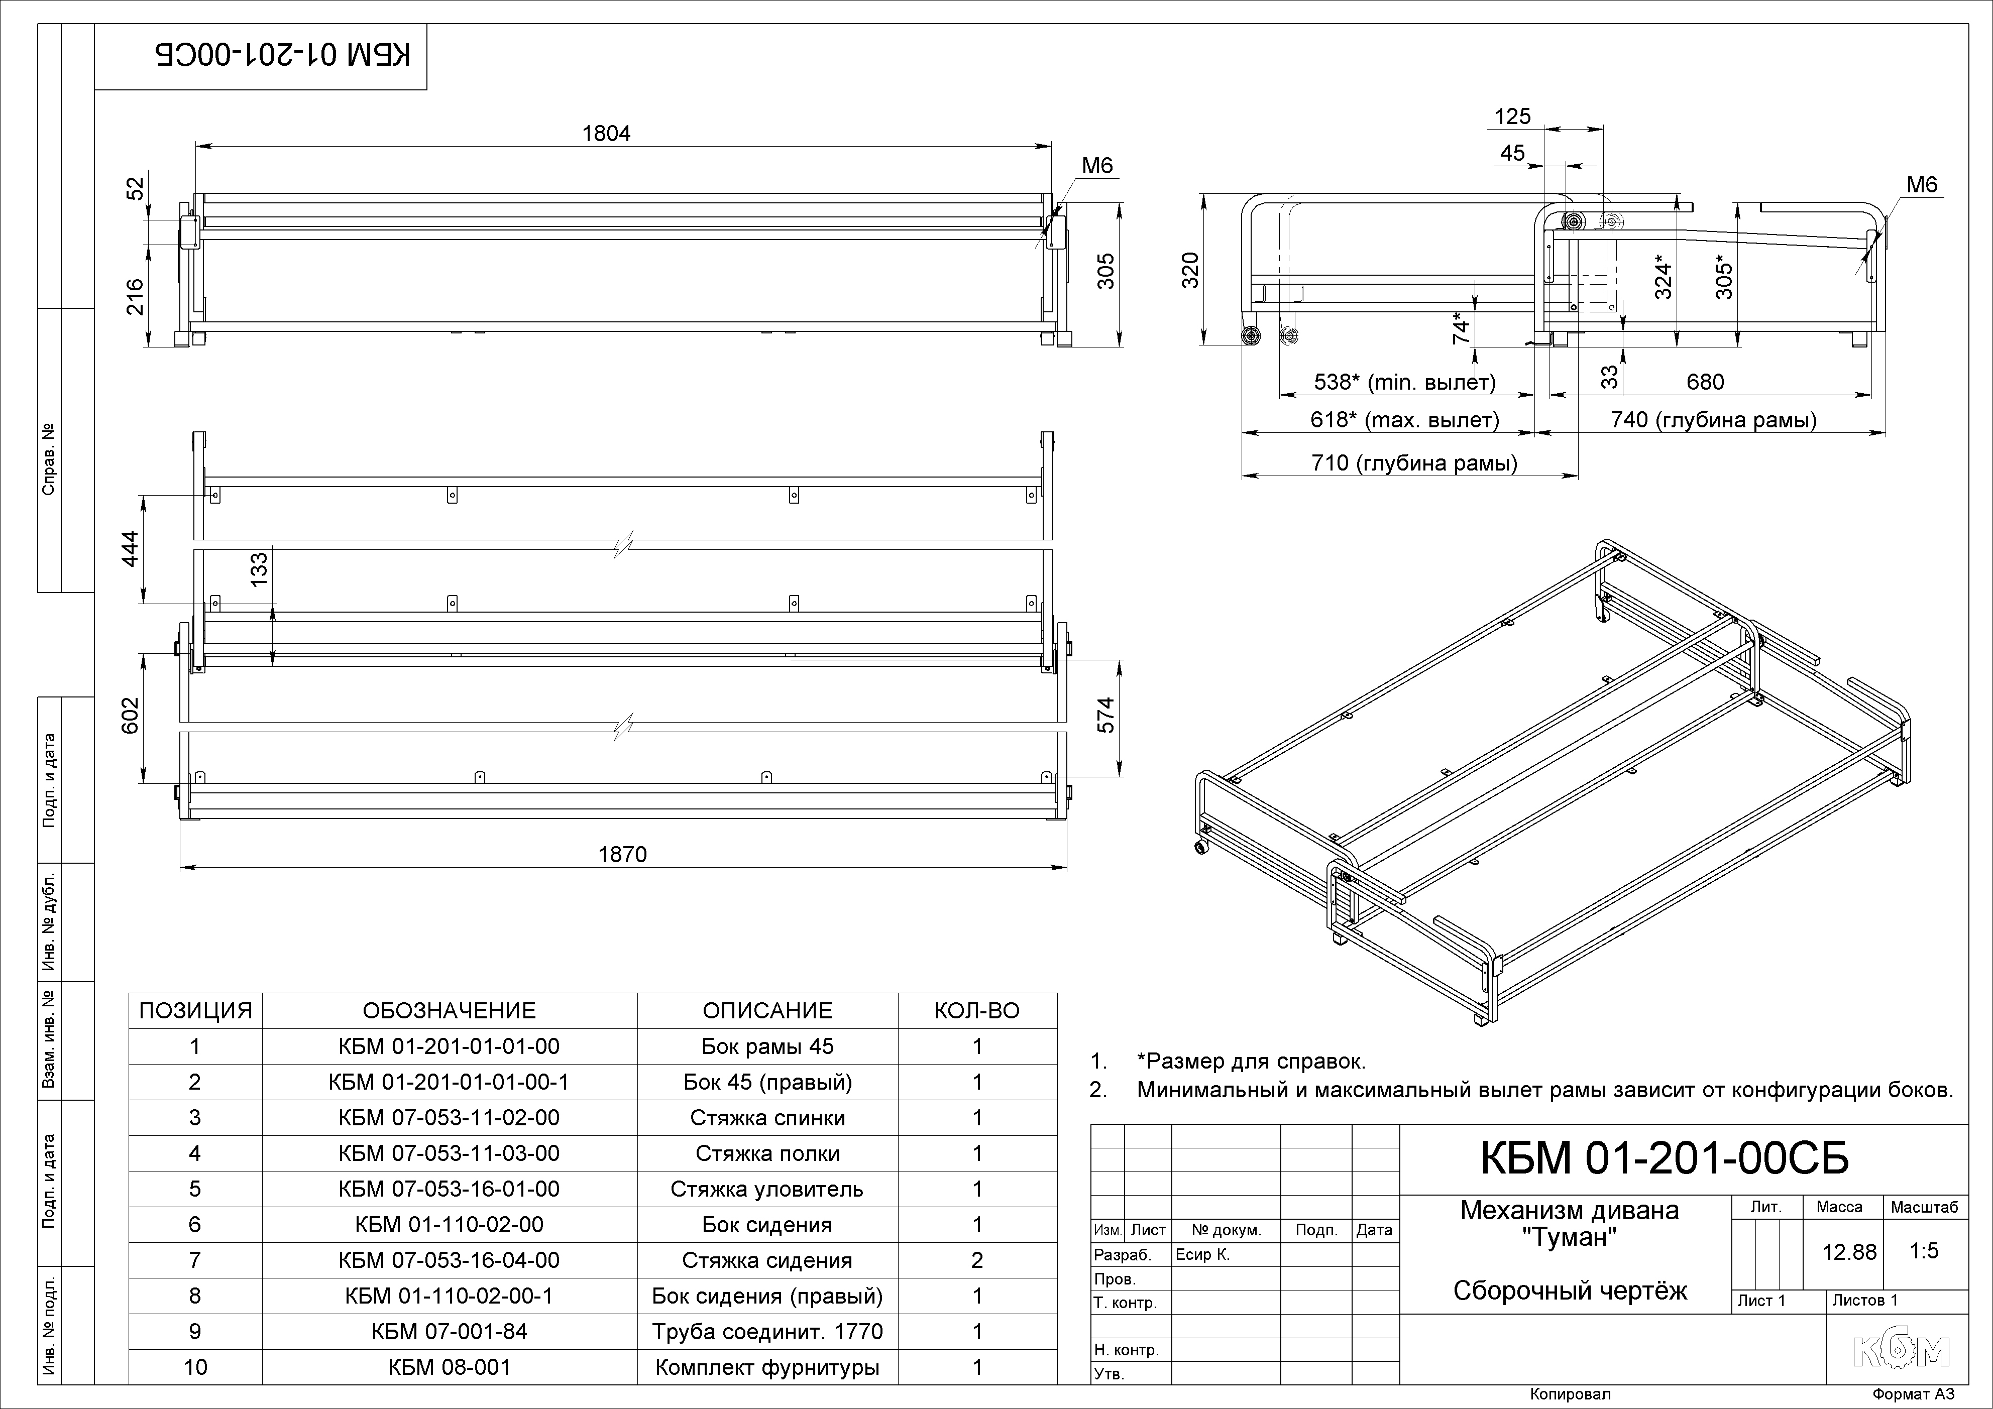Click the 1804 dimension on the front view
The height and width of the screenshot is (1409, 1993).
606,134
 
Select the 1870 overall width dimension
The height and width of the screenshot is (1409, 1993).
622,855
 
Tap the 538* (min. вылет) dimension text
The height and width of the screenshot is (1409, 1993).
1404,382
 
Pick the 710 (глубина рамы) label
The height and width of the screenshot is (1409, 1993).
1414,463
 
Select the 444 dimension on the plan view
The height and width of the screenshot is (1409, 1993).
130,548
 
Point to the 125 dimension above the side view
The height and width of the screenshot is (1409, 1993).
1513,116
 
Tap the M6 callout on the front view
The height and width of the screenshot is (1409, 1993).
1097,166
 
